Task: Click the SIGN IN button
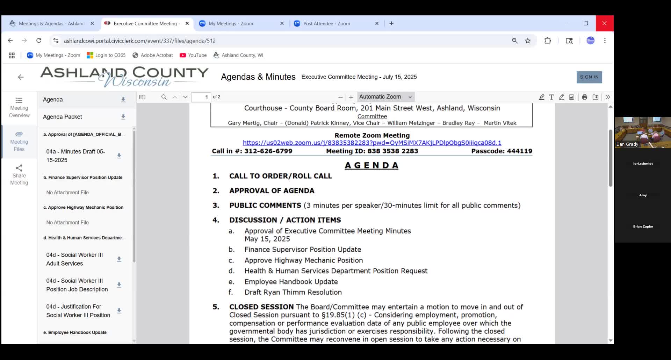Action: click(x=589, y=77)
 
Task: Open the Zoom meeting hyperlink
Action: click(x=372, y=143)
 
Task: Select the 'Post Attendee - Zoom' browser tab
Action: click(x=326, y=24)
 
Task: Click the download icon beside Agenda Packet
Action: click(x=123, y=117)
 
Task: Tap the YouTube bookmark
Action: click(x=193, y=55)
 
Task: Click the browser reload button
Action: click(x=39, y=41)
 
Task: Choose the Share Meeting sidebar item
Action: click(x=19, y=175)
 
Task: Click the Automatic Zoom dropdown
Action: click(x=385, y=97)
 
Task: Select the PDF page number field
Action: click(x=201, y=97)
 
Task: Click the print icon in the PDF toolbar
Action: click(x=584, y=97)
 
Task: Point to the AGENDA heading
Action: click(x=371, y=165)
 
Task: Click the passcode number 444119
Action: click(x=519, y=151)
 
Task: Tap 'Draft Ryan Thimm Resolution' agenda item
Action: click(x=293, y=292)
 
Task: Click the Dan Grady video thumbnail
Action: click(x=642, y=132)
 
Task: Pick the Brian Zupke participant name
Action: click(x=643, y=226)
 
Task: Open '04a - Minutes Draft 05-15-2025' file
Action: click(x=76, y=156)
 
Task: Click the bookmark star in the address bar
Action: click(x=528, y=41)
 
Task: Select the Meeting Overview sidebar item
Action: click(x=19, y=107)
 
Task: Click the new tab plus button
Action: click(x=391, y=23)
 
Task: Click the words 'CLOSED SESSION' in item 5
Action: click(x=261, y=307)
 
